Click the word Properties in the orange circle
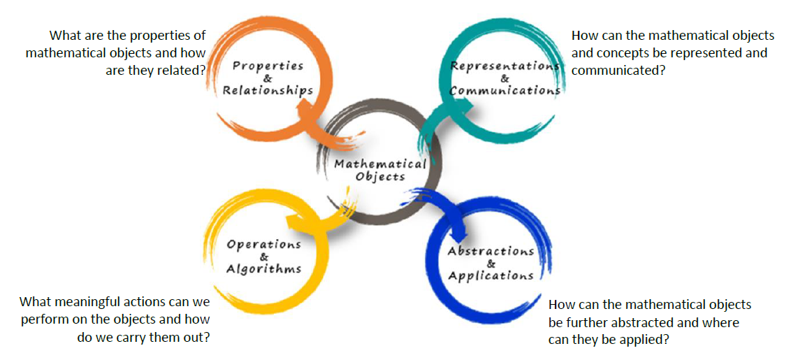[268, 66]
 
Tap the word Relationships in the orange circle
[268, 91]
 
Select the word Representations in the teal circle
[505, 66]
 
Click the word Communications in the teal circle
[505, 91]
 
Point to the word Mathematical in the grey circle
[380, 164]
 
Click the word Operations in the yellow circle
[264, 245]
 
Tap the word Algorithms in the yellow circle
[264, 268]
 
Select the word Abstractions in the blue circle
[491, 252]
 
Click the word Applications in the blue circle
[491, 275]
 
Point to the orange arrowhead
[306, 108]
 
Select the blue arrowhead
[460, 233]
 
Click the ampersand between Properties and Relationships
[268, 79]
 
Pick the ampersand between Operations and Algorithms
[264, 257]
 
